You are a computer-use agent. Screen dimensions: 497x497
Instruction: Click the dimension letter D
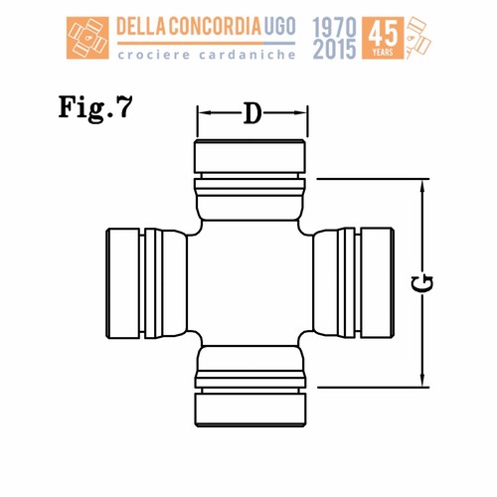(x=252, y=113)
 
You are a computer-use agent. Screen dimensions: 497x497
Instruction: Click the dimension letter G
(x=422, y=284)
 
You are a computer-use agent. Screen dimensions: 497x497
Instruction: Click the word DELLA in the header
(x=142, y=27)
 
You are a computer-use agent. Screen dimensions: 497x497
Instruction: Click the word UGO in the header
(x=280, y=27)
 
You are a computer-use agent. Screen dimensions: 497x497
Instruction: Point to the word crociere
(x=154, y=55)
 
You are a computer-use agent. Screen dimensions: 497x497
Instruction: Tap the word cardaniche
(x=248, y=55)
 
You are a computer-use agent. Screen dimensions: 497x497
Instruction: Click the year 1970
(x=334, y=28)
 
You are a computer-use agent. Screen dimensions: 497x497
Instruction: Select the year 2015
(x=334, y=49)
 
